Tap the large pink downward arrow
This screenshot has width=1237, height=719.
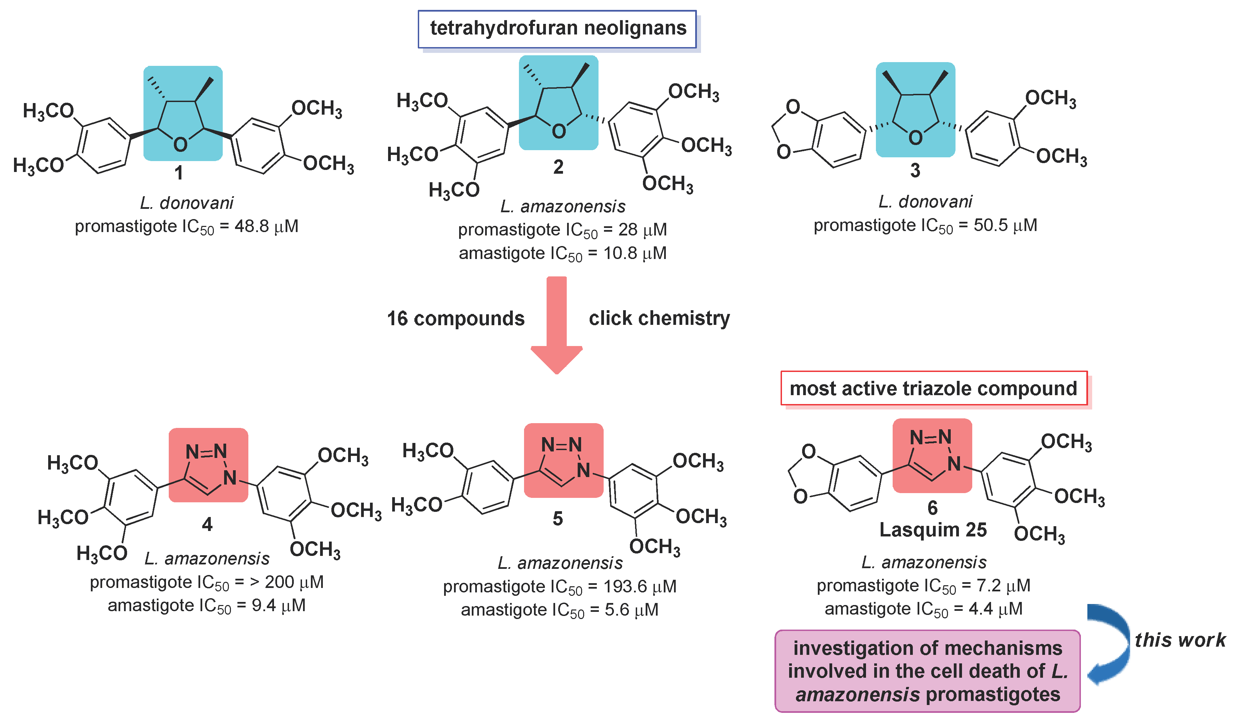tap(556, 324)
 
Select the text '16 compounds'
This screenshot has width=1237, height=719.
tap(455, 319)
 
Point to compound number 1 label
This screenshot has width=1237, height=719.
tap(179, 173)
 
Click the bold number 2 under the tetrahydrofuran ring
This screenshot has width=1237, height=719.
tap(558, 167)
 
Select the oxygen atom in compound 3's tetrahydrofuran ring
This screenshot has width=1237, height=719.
tap(915, 138)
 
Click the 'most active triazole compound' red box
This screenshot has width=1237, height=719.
tap(933, 388)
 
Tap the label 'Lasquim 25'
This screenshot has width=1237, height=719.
tap(933, 530)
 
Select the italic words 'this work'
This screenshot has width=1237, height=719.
tap(1180, 640)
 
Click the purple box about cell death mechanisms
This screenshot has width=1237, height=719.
tap(927, 671)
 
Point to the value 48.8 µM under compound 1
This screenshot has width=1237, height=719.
tap(266, 227)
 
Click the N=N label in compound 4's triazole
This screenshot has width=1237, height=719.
tap(206, 451)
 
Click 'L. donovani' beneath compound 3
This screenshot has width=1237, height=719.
tap(925, 202)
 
